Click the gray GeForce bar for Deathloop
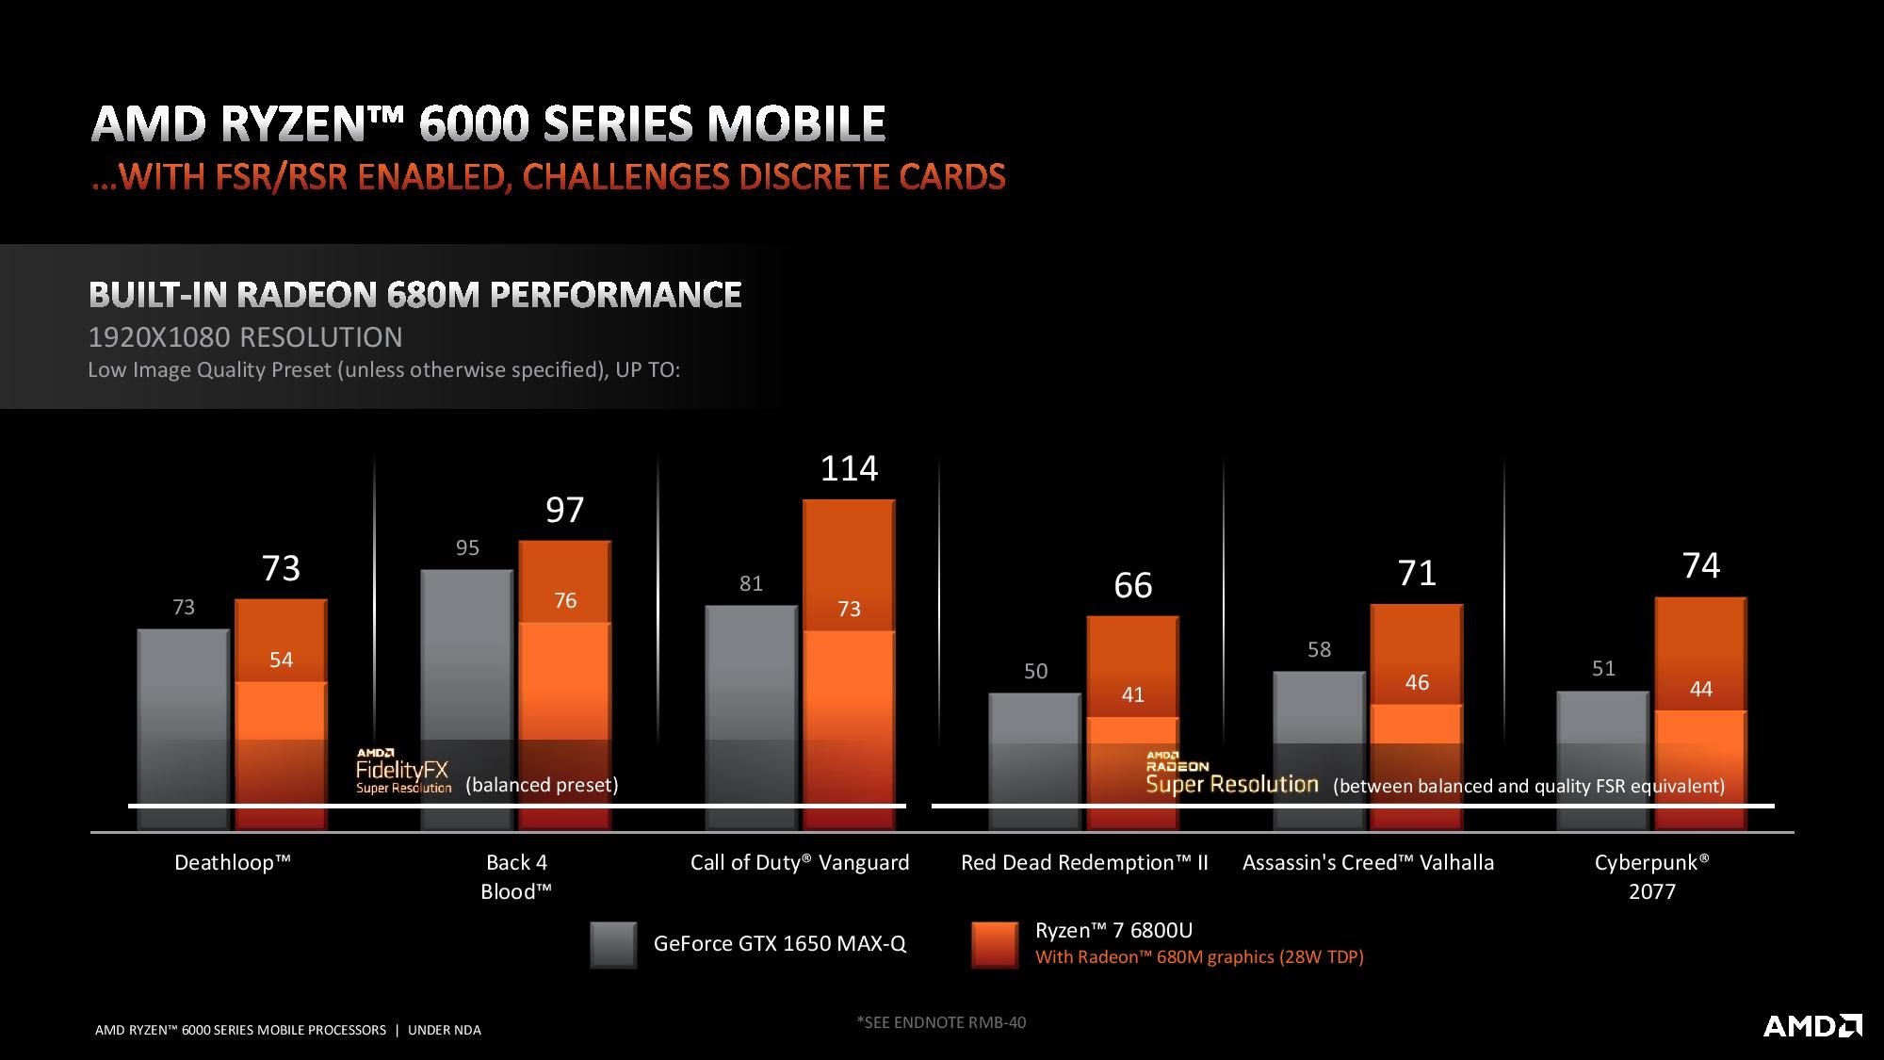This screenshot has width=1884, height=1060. pyautogui.click(x=184, y=726)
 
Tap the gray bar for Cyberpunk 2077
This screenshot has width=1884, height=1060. pyautogui.click(x=1603, y=758)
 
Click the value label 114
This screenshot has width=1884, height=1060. pyautogui.click(x=849, y=468)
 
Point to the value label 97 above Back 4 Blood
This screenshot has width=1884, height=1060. pyautogui.click(x=565, y=510)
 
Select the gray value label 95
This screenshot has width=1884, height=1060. pyautogui.click(x=467, y=547)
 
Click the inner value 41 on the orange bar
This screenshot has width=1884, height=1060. pyautogui.click(x=1132, y=694)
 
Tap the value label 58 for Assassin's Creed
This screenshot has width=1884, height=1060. pyautogui.click(x=1319, y=649)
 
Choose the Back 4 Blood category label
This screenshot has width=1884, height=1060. pyautogui.click(x=516, y=876)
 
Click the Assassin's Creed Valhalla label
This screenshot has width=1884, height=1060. pyautogui.click(x=1368, y=862)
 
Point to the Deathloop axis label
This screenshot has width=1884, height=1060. pyautogui.click(x=233, y=862)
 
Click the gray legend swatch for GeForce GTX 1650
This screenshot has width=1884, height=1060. pyautogui.click(x=613, y=944)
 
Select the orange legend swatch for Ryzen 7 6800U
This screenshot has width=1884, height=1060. pyautogui.click(x=995, y=944)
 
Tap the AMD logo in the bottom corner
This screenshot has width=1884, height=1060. pyautogui.click(x=1811, y=1025)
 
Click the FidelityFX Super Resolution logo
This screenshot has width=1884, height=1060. pyautogui.click(x=403, y=772)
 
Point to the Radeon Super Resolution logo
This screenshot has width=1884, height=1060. pyautogui.click(x=1231, y=775)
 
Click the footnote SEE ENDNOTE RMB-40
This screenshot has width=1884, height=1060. pyautogui.click(x=941, y=1021)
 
